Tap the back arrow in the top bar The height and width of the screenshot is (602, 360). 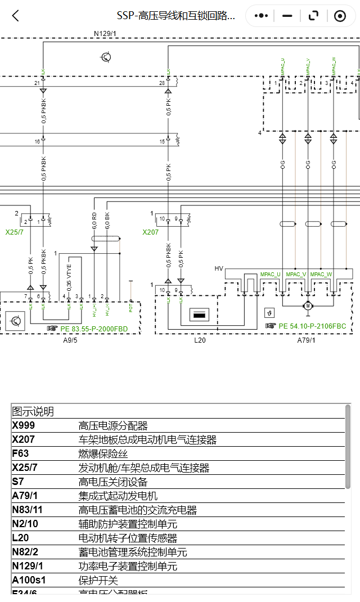click(16, 16)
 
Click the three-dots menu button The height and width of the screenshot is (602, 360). click(261, 16)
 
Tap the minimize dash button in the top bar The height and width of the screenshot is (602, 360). click(287, 16)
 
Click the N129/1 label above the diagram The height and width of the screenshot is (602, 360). click(105, 34)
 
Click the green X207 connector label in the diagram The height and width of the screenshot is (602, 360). click(151, 232)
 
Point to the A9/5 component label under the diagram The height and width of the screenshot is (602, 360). click(70, 340)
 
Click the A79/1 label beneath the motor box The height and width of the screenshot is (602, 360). click(307, 340)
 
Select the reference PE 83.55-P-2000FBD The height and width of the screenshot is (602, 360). click(93, 328)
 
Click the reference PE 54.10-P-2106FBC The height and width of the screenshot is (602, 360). click(312, 326)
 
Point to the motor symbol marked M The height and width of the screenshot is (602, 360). click(308, 306)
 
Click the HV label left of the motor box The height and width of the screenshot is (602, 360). click(219, 268)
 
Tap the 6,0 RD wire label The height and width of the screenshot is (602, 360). click(94, 219)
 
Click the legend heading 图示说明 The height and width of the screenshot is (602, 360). click(33, 412)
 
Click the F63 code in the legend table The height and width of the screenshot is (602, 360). click(20, 453)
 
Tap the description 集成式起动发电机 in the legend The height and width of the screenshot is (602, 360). click(118, 496)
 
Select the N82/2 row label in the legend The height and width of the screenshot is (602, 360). click(25, 552)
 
